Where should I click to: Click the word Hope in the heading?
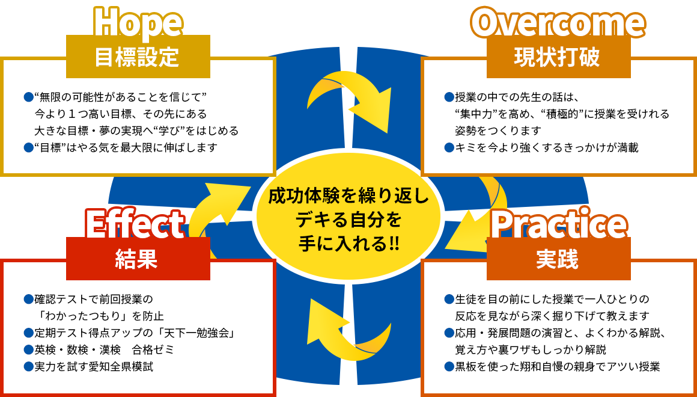(x=138, y=22)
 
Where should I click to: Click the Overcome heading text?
(x=558, y=22)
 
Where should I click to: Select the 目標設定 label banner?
(x=138, y=57)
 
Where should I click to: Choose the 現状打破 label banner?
(x=558, y=57)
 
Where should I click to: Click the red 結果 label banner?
(x=138, y=259)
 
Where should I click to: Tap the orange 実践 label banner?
(x=558, y=259)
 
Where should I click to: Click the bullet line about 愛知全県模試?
(x=89, y=367)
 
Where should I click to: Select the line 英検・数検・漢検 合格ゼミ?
(x=99, y=350)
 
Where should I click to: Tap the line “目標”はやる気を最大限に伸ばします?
(x=121, y=148)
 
